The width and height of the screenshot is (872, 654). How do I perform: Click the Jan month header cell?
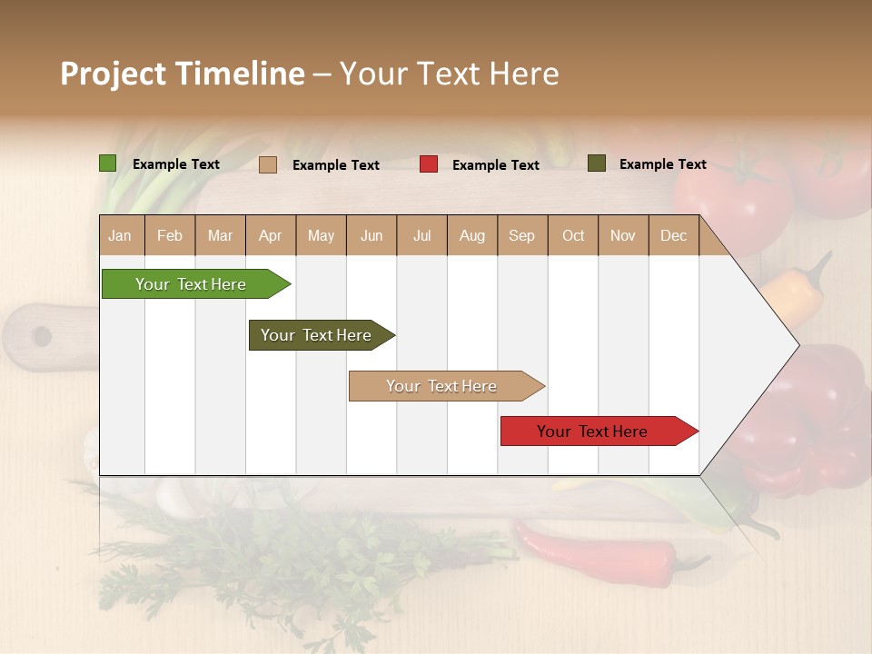[121, 235]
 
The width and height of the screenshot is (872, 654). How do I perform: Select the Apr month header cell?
[271, 235]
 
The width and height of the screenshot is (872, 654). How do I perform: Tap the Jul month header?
[421, 235]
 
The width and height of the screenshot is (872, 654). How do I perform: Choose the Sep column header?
[521, 235]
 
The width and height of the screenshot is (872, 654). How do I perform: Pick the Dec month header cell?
[673, 235]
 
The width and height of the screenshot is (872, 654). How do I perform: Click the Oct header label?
[573, 235]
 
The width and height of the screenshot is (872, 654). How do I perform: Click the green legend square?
[108, 163]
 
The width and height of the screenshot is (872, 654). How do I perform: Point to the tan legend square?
[268, 164]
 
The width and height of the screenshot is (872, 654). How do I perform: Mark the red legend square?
[429, 164]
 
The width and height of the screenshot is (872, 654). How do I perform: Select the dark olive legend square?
[597, 163]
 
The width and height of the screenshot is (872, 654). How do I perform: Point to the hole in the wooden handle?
[42, 337]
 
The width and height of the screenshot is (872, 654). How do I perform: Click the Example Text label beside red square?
[495, 165]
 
